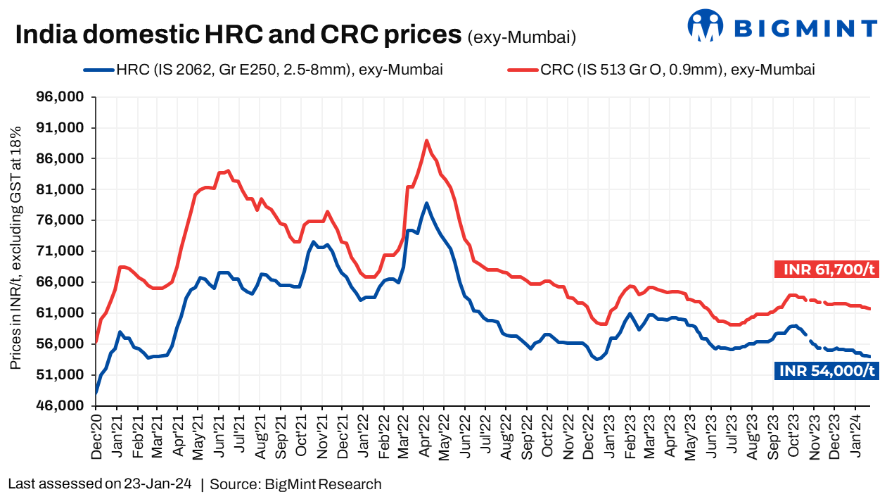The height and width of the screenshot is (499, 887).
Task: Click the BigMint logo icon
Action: [x=706, y=27]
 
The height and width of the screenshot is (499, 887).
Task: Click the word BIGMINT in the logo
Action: [x=805, y=29]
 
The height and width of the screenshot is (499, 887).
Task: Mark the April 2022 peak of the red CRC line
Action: [x=426, y=140]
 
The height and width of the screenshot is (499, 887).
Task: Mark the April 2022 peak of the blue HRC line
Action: [x=426, y=203]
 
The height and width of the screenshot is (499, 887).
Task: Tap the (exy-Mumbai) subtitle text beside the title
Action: [x=521, y=37]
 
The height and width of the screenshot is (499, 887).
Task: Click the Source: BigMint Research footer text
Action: [x=295, y=484]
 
